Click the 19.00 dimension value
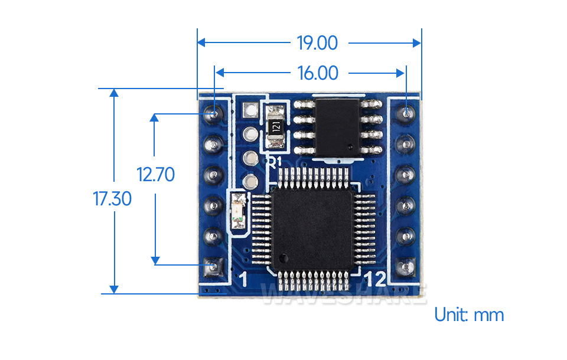pos(317,43)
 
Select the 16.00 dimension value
pos(318,73)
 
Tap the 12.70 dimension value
pos(156,175)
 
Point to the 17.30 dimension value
pos(112,199)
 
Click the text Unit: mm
pos(469,315)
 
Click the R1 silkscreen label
pos(275,162)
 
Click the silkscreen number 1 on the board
pos(242,279)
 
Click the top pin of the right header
pos(407,111)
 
